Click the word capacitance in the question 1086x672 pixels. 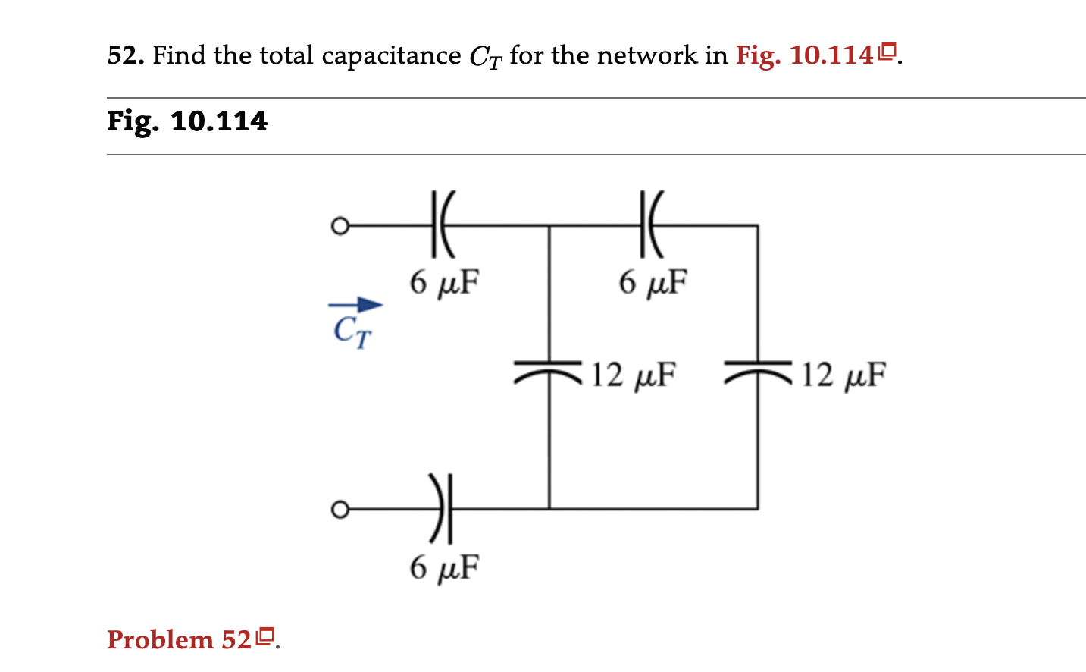[x=391, y=56]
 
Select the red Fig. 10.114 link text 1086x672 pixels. [x=804, y=55]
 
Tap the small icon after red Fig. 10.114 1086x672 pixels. [x=887, y=53]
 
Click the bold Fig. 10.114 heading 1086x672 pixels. [x=187, y=121]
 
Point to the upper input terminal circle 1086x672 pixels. [x=340, y=226]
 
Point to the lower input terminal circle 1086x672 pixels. [x=340, y=509]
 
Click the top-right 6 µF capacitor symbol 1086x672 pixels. [x=650, y=225]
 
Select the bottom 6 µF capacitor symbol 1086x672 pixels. [x=442, y=509]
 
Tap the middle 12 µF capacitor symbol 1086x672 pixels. [x=549, y=370]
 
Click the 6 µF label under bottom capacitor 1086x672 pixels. [x=445, y=567]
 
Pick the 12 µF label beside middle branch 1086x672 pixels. [x=634, y=375]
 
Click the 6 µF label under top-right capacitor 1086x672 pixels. [x=653, y=282]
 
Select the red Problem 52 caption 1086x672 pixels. [x=179, y=639]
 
